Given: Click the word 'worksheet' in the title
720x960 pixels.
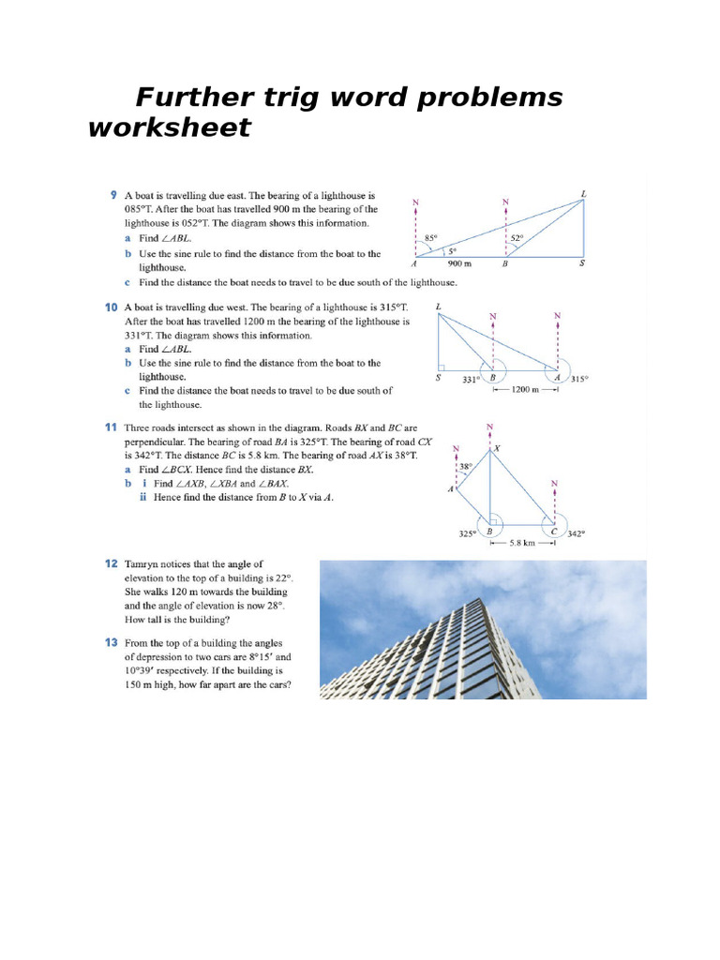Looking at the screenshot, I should [170, 127].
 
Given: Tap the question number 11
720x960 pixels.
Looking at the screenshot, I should [110, 427].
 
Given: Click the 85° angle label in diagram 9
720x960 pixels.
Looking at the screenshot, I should [431, 237].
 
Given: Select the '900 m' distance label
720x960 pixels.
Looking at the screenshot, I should [460, 264].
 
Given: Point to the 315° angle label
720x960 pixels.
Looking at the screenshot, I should [579, 379].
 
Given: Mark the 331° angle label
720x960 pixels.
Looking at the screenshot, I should [471, 379].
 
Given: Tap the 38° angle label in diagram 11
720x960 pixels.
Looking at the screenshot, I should [466, 466].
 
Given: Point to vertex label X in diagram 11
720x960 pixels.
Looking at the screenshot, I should [497, 449].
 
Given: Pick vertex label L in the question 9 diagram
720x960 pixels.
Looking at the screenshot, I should [583, 194].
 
